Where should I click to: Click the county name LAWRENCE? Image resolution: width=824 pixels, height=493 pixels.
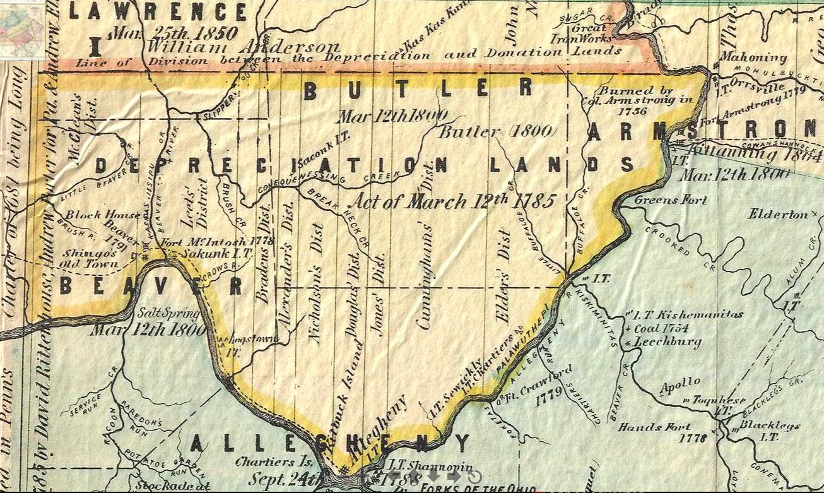(158, 11)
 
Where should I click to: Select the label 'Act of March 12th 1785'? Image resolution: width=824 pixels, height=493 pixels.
(453, 201)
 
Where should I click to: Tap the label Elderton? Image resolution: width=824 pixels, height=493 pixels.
(779, 215)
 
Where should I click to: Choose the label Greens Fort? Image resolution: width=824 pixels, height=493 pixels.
(671, 200)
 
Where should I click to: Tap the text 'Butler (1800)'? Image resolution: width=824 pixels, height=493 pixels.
(498, 133)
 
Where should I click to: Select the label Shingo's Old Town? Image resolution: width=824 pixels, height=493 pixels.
(88, 259)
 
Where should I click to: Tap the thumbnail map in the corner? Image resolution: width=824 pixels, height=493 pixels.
(21, 30)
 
